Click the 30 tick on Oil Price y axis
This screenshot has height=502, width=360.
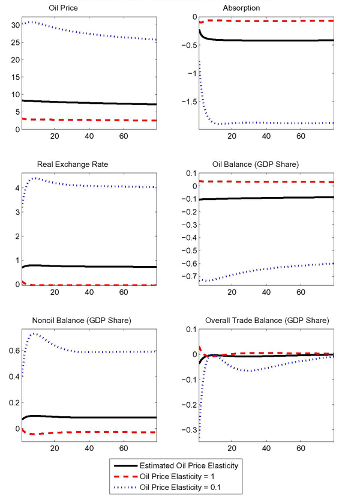click(14, 25)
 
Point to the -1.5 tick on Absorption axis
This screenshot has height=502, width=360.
click(187, 101)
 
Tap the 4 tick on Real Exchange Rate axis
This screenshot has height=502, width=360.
click(16, 188)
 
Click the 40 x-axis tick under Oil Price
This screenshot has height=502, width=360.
click(89, 136)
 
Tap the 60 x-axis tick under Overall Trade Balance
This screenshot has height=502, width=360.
click(302, 449)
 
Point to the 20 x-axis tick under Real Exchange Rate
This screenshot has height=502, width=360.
click(55, 292)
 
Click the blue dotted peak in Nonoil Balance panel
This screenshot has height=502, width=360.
click(34, 333)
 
